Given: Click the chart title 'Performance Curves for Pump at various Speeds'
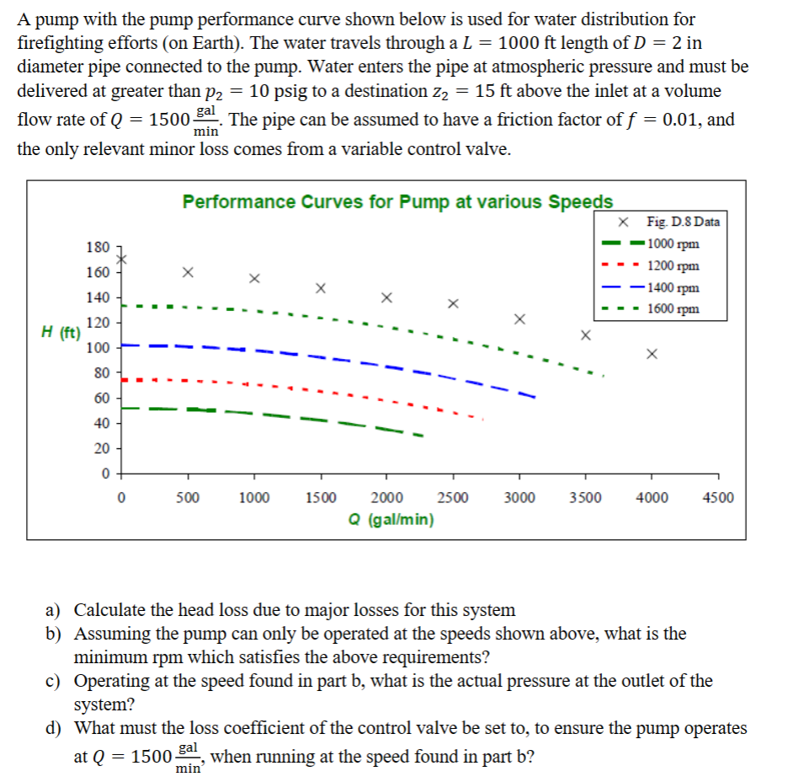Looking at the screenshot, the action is [x=397, y=201].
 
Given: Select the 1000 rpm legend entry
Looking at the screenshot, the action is [x=650, y=244].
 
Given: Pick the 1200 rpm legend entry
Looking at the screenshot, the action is [x=650, y=265].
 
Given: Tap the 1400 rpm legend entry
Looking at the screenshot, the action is [x=650, y=287].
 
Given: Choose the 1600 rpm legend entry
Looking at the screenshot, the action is [x=650, y=308].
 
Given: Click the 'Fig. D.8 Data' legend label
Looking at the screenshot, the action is [x=683, y=222].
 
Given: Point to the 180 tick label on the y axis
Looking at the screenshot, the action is [x=98, y=248].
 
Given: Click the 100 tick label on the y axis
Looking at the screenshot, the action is [x=98, y=348].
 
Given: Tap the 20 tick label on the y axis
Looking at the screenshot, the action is [x=102, y=448].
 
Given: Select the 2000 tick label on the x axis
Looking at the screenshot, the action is [x=386, y=498].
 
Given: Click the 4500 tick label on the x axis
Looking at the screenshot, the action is [x=718, y=498].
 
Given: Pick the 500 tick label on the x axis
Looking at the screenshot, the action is [x=188, y=498].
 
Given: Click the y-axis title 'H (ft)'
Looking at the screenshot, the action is [x=61, y=333].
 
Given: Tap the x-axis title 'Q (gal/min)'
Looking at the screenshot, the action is [x=391, y=520].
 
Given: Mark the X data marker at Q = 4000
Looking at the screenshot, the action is [x=652, y=354].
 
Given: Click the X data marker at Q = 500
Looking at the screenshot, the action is [x=189, y=272].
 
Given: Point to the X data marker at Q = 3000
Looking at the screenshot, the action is [x=519, y=319].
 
